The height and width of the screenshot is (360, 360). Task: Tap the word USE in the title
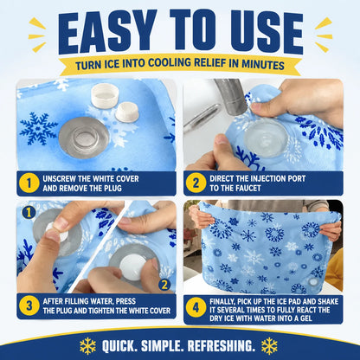click(267, 32)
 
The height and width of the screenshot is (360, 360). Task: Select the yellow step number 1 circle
click(29, 183)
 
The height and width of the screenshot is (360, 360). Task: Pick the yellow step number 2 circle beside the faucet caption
click(196, 183)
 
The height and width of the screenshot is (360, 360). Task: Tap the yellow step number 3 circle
click(29, 305)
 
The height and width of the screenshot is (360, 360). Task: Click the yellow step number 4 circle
click(196, 307)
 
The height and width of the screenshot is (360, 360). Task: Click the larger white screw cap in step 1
click(104, 94)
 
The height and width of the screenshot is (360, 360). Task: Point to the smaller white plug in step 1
click(127, 112)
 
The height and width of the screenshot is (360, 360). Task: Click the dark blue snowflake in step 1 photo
click(38, 128)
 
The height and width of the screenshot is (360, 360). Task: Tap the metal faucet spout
click(231, 96)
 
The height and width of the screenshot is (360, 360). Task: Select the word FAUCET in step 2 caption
click(247, 189)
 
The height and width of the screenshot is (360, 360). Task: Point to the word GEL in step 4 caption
click(305, 318)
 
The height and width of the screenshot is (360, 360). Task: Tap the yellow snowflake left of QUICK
click(87, 345)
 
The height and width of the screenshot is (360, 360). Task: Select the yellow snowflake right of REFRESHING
click(269, 345)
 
